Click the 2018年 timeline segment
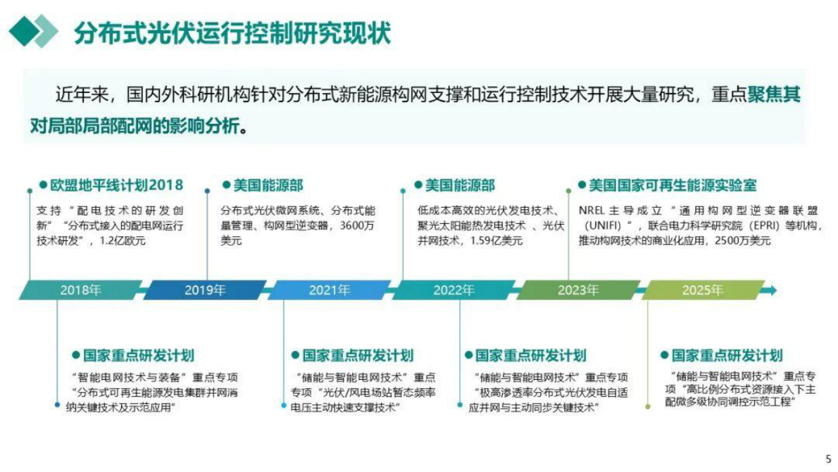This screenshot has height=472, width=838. point(80,290)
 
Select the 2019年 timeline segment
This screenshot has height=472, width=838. point(205,290)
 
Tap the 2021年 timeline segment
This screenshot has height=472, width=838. point(329,290)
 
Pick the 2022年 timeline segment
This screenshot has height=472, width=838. point(454,290)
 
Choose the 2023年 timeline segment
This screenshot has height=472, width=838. point(578,290)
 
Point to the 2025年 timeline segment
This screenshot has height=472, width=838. point(702,290)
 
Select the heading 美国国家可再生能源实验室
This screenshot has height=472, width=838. point(673,185)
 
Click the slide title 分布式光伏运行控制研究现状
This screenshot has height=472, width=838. point(232,32)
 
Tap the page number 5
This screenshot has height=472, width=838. point(828,459)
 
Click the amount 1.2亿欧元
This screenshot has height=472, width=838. point(123,241)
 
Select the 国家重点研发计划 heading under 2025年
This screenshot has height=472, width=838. point(727,356)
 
